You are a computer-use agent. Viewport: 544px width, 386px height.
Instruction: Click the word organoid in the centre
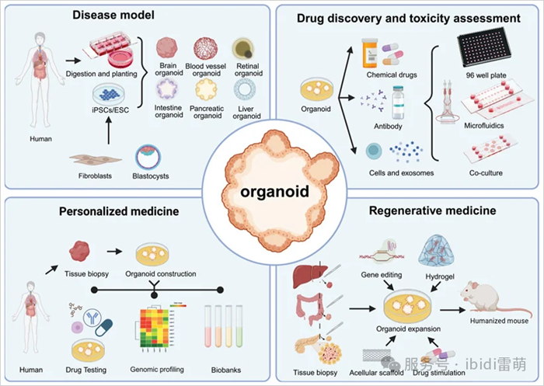click(271, 190)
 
